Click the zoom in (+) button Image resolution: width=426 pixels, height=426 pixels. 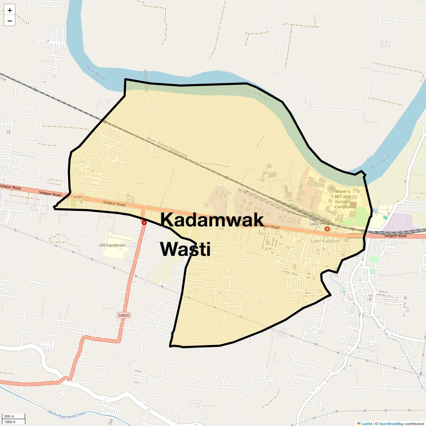point(10,10)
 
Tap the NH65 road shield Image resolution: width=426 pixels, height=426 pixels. point(78,197)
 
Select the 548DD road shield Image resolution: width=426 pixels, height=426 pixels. point(124,315)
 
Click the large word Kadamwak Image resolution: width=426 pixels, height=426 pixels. point(212,220)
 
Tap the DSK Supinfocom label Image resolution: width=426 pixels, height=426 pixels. point(112,245)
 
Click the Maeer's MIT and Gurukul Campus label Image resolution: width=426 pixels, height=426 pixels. point(342,199)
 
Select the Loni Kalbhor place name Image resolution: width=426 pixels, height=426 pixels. point(325,241)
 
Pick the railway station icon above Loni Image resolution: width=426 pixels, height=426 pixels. point(314,219)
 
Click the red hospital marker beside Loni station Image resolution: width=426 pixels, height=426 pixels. point(327,229)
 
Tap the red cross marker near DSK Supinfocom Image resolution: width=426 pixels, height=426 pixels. point(144,223)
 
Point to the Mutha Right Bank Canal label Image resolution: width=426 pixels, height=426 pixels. point(67,414)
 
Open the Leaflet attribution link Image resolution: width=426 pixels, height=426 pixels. point(366,424)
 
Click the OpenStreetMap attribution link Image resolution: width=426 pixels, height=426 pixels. point(391,424)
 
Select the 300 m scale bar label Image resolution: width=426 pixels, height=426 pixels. point(10,416)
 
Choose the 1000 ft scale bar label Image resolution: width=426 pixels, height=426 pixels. point(10,422)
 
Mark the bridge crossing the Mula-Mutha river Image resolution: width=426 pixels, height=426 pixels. point(146,81)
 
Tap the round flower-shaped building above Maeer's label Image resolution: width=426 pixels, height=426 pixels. point(331,189)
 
